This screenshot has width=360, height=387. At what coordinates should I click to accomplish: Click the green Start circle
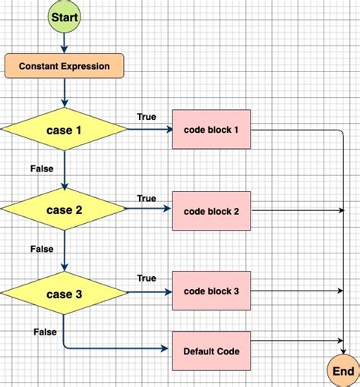pos(65,16)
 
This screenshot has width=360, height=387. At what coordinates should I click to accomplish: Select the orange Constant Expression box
pos(64,66)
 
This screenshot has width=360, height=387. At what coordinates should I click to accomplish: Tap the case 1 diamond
pos(65,130)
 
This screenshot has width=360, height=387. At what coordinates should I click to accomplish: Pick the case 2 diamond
pos(65,210)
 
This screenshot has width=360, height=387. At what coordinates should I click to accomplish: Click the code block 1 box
pos(211,130)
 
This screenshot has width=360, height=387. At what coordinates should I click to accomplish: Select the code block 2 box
pos(211,210)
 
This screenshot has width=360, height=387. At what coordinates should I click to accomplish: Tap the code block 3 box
pos(211,291)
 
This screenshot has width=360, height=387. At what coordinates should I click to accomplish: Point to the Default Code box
pos(211,351)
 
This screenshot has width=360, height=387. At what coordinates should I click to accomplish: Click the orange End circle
pos(343,371)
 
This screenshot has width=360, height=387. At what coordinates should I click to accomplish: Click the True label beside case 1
pos(147,117)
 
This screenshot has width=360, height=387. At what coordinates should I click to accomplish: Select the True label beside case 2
pos(147,198)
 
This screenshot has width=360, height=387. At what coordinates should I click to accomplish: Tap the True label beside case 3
pos(147,278)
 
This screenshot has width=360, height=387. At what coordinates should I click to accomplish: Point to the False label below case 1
pos(43,168)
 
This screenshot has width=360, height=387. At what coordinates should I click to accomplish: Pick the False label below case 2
pos(43,249)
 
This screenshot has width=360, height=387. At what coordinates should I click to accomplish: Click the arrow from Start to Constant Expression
pos(65,42)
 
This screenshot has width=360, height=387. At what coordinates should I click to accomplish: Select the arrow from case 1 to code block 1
pos(150,130)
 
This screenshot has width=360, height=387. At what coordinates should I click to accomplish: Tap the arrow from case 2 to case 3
pos(65,250)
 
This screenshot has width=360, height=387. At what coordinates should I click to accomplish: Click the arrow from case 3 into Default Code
pos(114,349)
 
